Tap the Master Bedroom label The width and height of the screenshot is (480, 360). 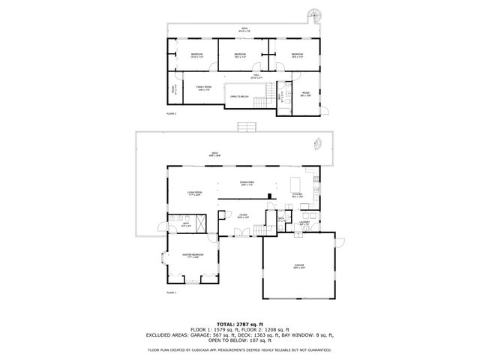(x=193, y=256)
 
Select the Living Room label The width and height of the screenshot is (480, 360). (x=196, y=193)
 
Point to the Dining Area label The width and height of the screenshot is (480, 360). (x=247, y=183)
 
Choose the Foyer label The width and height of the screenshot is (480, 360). (x=244, y=214)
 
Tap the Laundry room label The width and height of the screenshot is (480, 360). (x=304, y=222)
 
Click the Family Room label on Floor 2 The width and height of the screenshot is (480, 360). (x=204, y=88)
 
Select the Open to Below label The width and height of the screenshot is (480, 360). (x=240, y=97)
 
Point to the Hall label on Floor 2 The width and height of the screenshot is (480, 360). (x=256, y=76)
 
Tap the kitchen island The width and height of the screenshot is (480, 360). (x=295, y=182)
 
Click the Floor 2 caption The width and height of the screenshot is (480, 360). (x=171, y=113)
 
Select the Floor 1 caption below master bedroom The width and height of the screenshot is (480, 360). (x=171, y=292)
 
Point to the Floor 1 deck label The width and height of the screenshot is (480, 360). (x=214, y=154)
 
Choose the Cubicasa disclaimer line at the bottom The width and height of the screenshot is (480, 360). (x=240, y=349)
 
